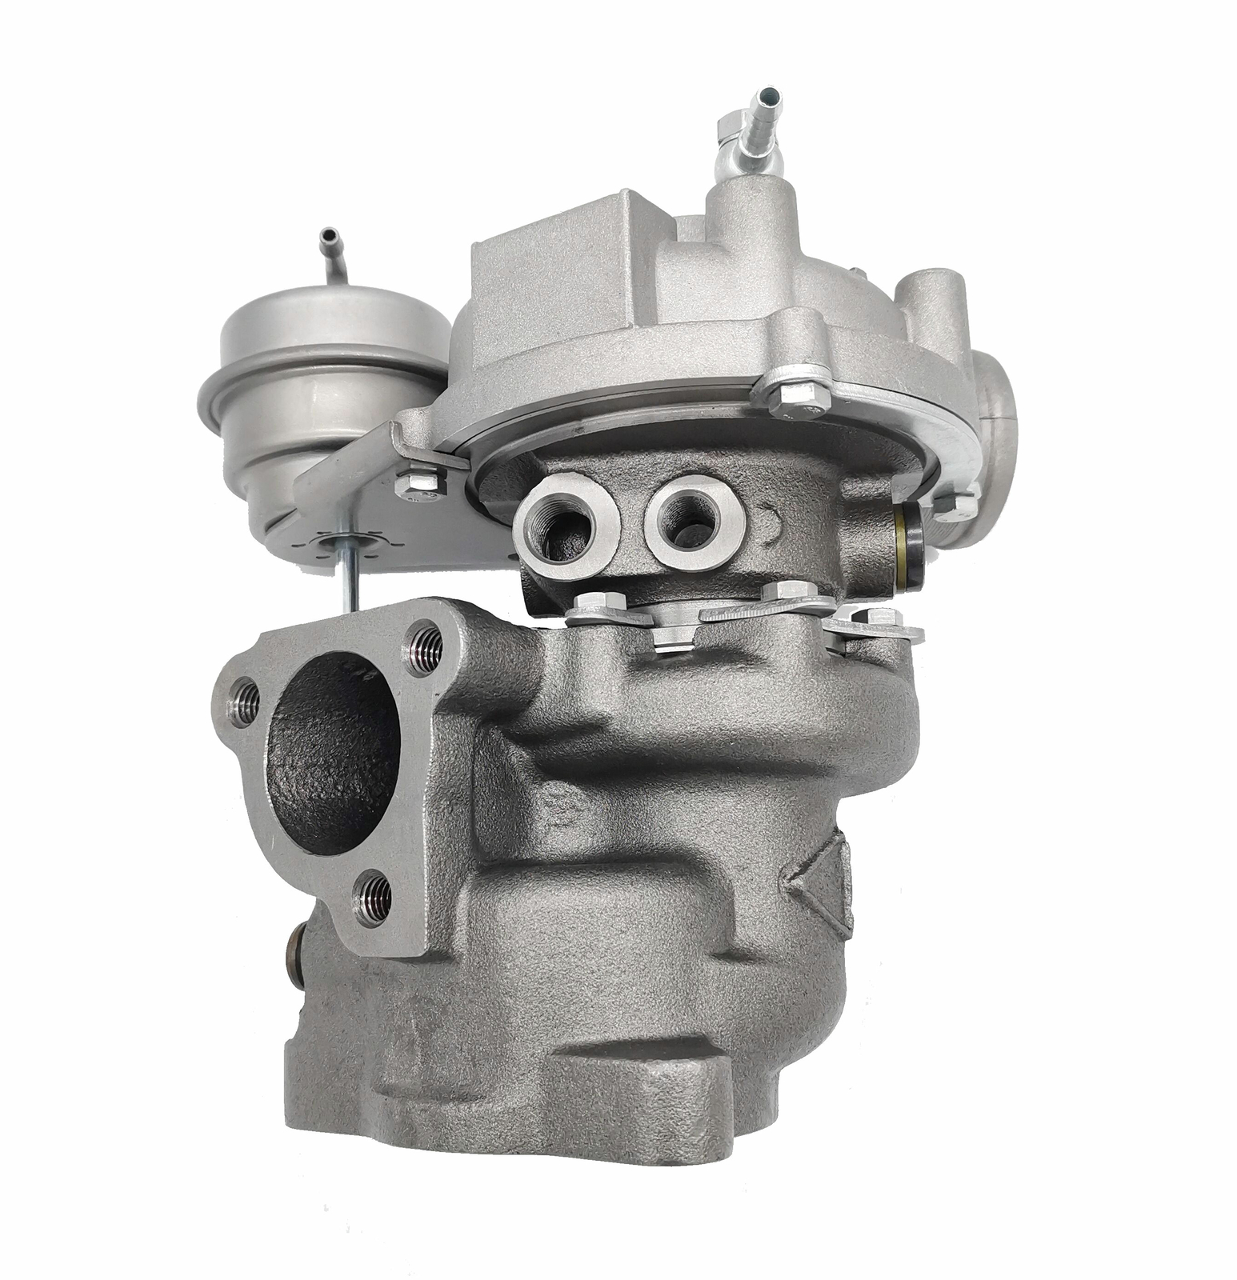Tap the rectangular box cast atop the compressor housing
point(552,264)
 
